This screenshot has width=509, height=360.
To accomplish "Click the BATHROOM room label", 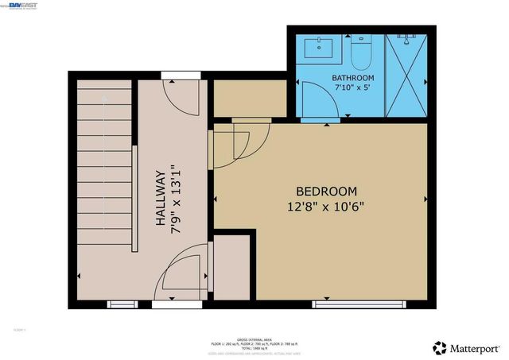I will pos(352,78).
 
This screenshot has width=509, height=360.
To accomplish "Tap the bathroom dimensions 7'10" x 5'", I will pos(352,88).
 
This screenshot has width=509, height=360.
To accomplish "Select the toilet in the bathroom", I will pos(359,49).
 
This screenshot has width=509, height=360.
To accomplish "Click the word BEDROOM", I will pos(326,192).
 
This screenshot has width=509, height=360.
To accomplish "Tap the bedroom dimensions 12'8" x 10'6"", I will pos(326,206).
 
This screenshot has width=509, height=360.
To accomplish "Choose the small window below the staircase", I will pos(122,303).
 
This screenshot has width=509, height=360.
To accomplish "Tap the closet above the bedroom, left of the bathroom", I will pos(250,97).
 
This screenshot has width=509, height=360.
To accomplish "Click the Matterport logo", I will pos(466,347).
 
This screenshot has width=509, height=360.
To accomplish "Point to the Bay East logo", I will pos(23,6).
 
